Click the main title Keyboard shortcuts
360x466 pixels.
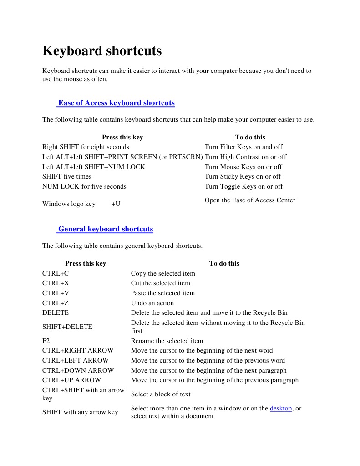[102, 51]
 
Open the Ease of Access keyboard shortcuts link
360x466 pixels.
[116, 103]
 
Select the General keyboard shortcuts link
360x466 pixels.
[105, 229]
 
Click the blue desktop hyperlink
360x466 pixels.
[281, 409]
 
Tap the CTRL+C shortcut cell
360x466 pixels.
[56, 274]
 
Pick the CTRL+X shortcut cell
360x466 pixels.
[56, 283]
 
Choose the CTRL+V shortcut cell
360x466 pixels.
[56, 293]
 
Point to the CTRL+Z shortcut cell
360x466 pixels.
[56, 303]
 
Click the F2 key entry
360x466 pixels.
[46, 341]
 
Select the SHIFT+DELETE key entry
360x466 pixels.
[67, 327]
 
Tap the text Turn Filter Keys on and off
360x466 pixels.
[243, 147]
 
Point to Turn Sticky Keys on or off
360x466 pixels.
[243, 177]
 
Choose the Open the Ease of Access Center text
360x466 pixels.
[250, 200]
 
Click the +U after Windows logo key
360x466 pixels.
[116, 204]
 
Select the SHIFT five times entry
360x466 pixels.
[67, 177]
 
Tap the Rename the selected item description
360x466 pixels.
[167, 341]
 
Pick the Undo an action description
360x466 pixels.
[152, 303]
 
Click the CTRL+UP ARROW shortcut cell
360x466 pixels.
[72, 380]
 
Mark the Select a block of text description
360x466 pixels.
[161, 394]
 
